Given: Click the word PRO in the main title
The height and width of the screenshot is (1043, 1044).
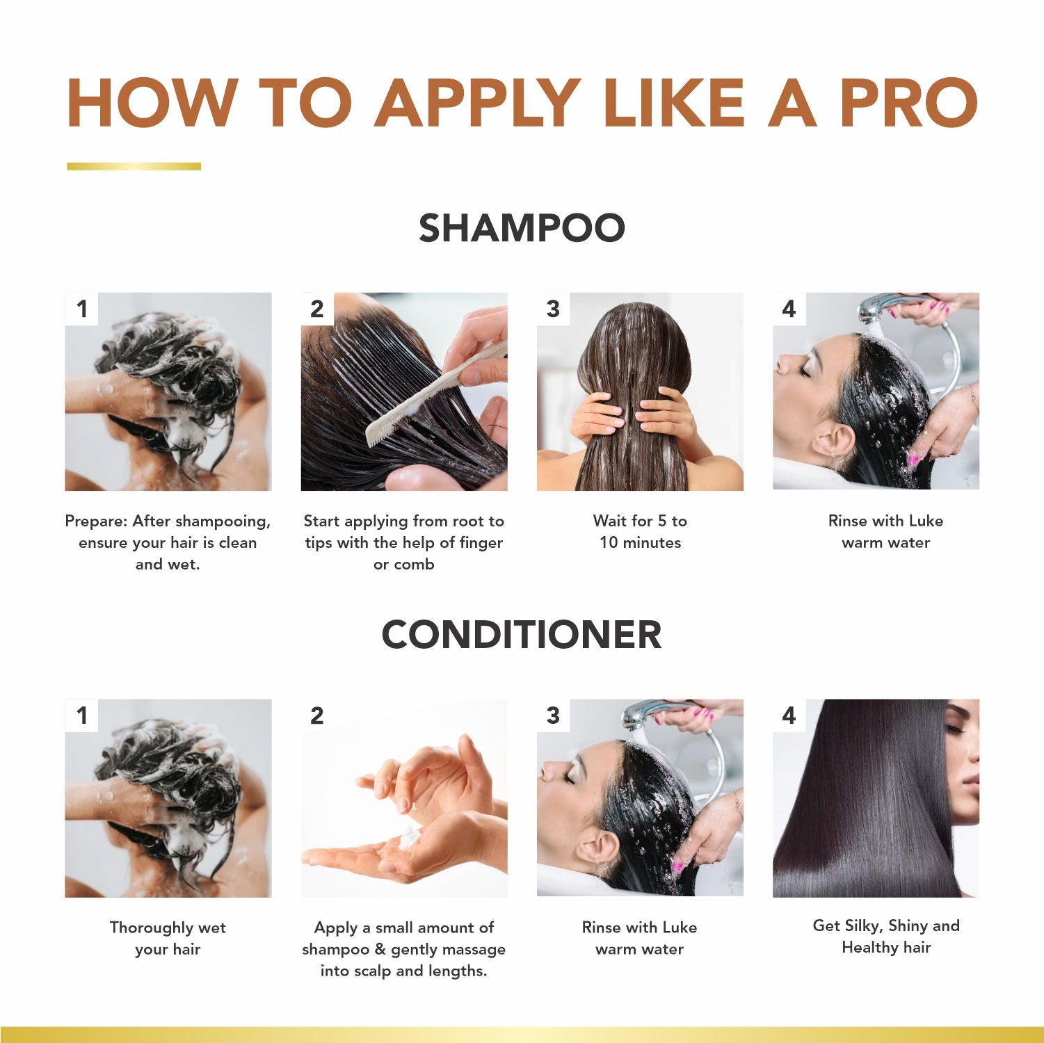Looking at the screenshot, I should (x=908, y=102).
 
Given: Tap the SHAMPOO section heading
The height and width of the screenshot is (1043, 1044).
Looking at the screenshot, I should (x=522, y=228).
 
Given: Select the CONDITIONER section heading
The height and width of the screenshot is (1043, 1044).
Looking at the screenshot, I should (x=522, y=634).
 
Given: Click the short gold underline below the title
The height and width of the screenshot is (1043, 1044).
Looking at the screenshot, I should (x=134, y=166).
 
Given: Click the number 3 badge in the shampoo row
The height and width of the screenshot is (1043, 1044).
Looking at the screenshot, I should (x=553, y=309).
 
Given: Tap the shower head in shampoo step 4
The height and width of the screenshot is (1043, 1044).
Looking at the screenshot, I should (x=878, y=307).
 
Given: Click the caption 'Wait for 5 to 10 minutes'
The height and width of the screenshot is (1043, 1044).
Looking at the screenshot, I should (x=640, y=531).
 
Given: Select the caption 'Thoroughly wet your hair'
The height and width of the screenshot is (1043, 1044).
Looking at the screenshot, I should (x=168, y=938).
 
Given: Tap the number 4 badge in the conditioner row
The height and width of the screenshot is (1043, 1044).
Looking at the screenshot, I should (x=789, y=715).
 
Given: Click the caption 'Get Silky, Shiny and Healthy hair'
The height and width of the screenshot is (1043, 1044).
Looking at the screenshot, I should (x=885, y=936).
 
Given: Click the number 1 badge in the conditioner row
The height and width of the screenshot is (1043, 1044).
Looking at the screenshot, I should (x=82, y=715).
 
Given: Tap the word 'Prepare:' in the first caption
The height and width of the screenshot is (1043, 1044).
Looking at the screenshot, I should (x=96, y=521).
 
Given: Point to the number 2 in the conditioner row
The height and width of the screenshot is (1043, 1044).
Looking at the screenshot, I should (x=317, y=715).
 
